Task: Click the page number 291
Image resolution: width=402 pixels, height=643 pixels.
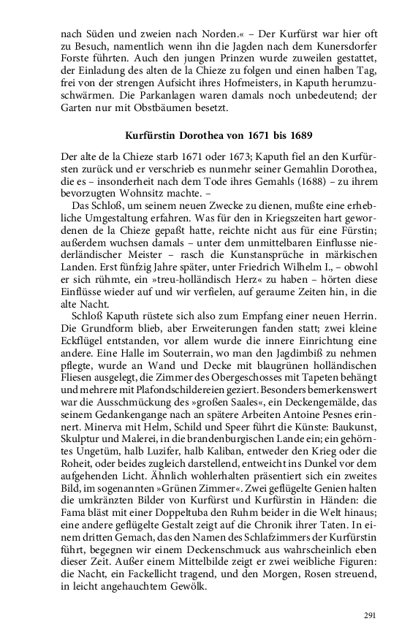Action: point(369,615)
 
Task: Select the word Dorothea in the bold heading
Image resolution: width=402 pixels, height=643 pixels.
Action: point(192,136)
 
